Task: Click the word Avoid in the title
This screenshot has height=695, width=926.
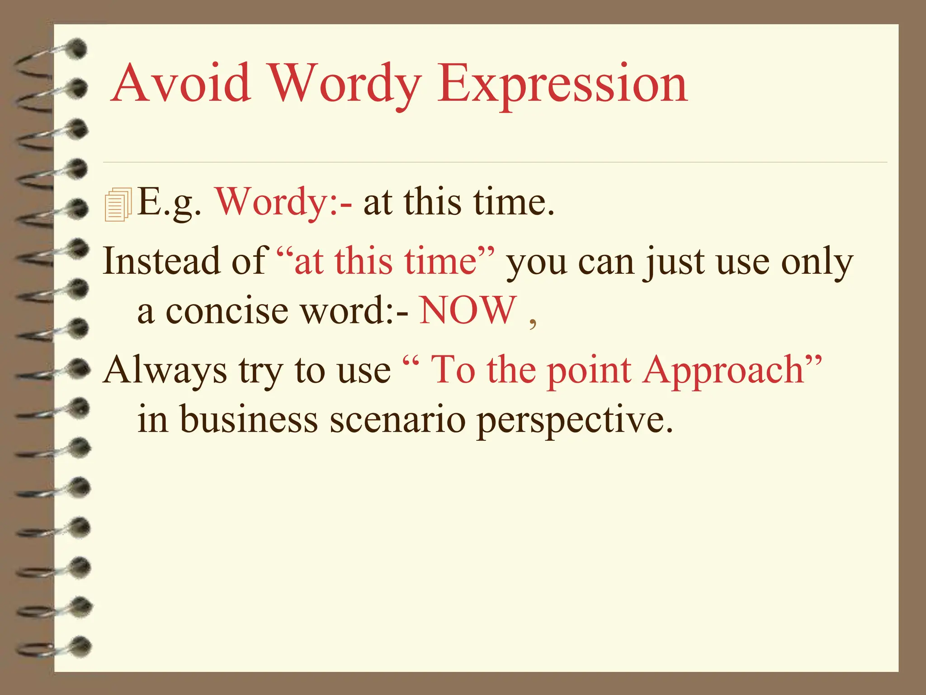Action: [x=181, y=84]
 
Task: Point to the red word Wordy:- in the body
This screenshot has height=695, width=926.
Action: [x=283, y=202]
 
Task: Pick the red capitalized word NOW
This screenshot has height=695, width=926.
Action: [x=468, y=310]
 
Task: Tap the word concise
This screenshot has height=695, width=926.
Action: [x=227, y=311]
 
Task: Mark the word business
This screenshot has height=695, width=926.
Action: [x=249, y=419]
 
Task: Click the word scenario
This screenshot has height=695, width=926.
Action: [x=397, y=419]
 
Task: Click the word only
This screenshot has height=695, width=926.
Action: [x=817, y=262]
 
